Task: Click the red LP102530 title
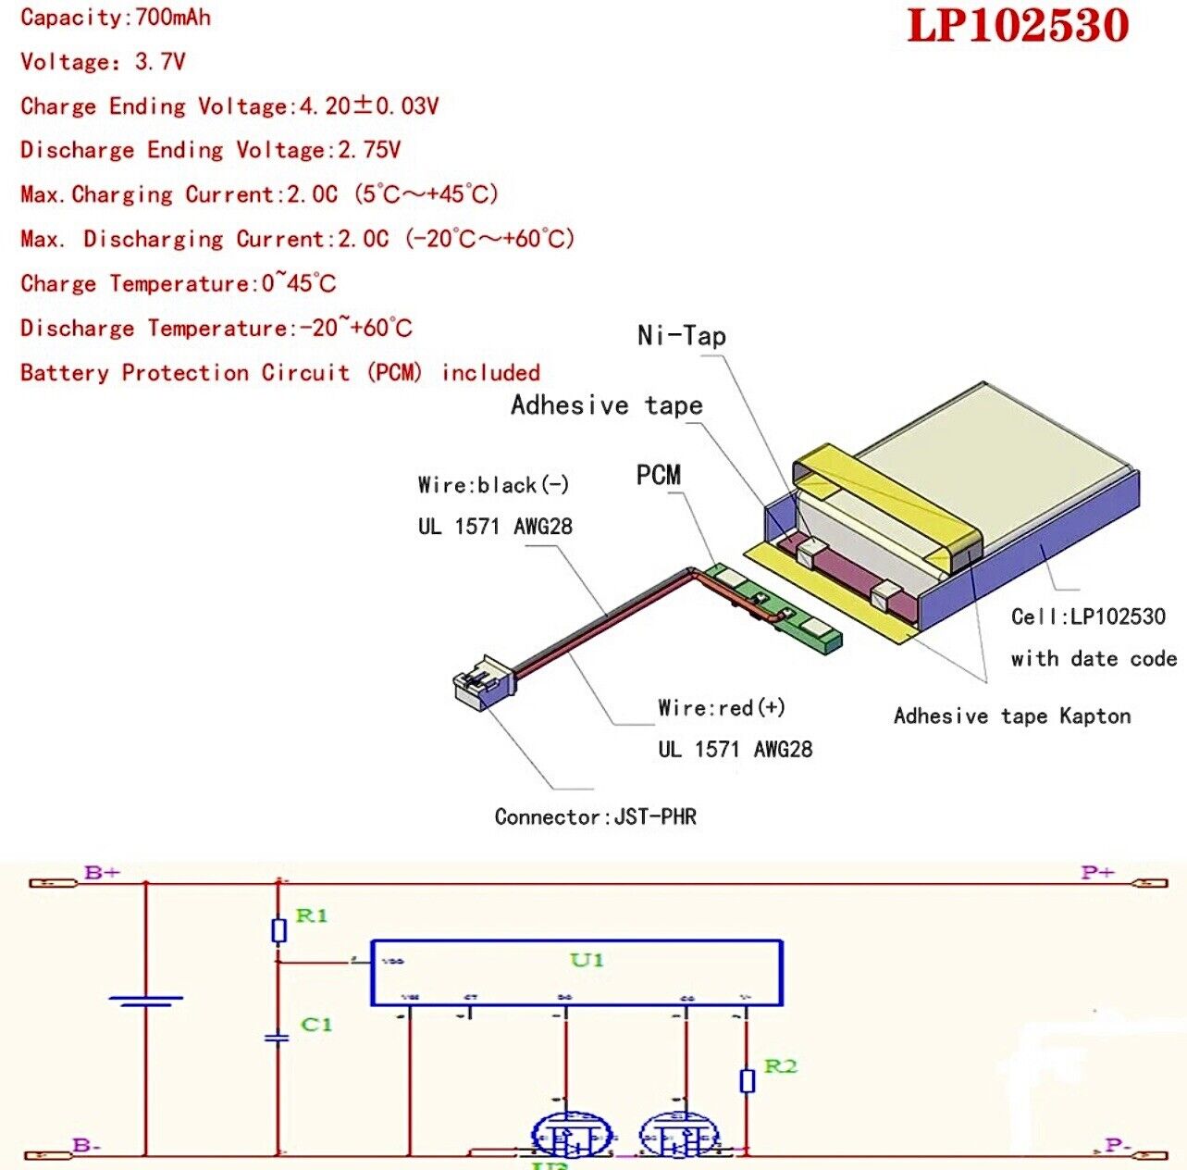point(1018,26)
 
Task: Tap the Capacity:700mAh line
point(116,18)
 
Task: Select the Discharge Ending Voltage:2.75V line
point(210,150)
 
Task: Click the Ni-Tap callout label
point(681,335)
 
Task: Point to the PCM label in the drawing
point(658,476)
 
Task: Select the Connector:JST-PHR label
point(595,816)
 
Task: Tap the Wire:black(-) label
point(493,485)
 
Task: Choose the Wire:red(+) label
point(722,708)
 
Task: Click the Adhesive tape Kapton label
point(1012,716)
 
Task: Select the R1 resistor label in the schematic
point(312,915)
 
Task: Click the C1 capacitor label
point(316,1025)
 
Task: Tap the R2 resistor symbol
point(748,1080)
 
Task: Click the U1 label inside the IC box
point(587,960)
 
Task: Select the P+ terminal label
point(1097,872)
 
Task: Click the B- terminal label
point(87,1146)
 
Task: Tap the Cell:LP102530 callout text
point(1088,616)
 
